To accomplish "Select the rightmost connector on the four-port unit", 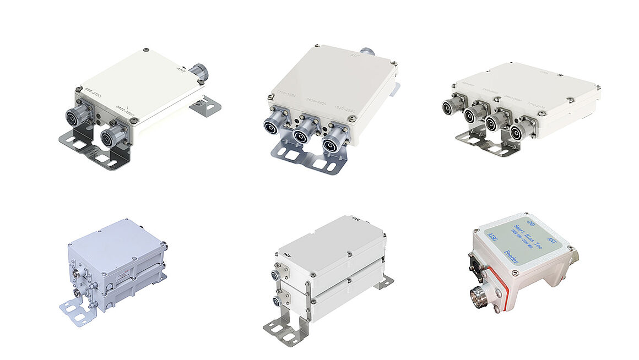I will [x=517, y=132].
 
